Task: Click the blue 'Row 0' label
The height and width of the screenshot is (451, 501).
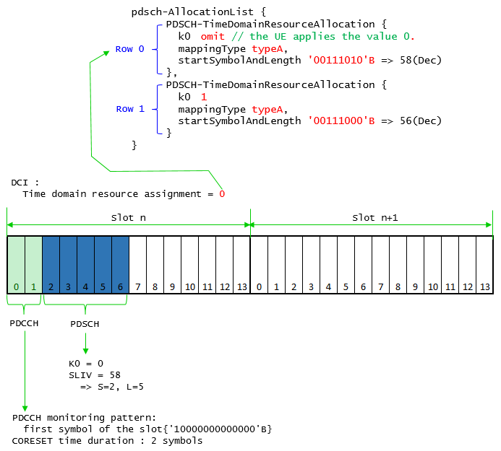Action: (129, 49)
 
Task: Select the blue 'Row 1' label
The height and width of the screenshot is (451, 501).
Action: (130, 109)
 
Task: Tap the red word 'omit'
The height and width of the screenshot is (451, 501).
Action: (213, 36)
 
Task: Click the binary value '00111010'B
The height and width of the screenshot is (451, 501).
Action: (341, 60)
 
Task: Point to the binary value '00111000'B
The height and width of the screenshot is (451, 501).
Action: (341, 121)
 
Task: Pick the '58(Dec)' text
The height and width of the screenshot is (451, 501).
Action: (421, 61)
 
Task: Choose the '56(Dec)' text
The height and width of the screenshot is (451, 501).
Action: (421, 121)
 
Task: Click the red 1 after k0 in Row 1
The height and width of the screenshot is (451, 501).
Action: (204, 97)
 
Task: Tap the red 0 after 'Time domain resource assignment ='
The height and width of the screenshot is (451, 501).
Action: (222, 194)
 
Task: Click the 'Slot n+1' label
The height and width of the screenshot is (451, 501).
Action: (374, 218)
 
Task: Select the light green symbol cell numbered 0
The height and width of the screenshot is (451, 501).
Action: (16, 265)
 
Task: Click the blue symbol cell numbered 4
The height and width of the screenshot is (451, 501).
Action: (85, 265)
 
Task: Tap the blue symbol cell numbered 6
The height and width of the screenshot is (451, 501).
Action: (121, 265)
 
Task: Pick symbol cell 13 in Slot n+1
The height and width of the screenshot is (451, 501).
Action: (484, 265)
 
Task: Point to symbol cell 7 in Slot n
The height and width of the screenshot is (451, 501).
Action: (137, 265)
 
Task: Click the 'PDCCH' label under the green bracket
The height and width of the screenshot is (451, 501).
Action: (24, 323)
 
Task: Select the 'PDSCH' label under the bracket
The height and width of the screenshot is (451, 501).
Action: (85, 324)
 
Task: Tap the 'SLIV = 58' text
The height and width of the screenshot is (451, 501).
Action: (95, 375)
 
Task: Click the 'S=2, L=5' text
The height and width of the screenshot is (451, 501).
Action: (121, 387)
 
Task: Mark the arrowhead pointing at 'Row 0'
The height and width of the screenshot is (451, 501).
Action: (107, 53)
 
